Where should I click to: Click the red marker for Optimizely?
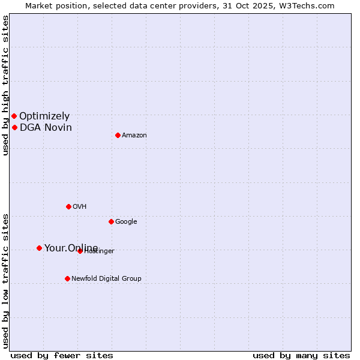pos(14,116)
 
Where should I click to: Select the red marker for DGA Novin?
pos(14,127)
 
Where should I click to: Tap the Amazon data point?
pos(118,135)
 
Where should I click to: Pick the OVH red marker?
pos(68,206)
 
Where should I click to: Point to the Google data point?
pos(111,221)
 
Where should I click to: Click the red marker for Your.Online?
pos(39,248)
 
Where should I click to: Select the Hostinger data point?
pos(80,251)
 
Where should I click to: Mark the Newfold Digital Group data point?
pos(67,278)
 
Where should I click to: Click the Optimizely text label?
pos(44,116)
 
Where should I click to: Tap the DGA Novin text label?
pos(46,127)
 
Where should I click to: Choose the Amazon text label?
pos(134,136)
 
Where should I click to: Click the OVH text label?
pos(80,207)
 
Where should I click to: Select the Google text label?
pos(126,222)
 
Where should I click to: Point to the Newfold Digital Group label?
pos(106,278)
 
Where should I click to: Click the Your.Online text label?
pos(71,248)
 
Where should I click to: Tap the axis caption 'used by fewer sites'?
pos(62,355)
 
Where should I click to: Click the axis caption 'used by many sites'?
pos(301,355)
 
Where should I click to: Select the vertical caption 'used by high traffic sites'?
pos(5,85)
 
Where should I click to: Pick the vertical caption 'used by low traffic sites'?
pos(5,280)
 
